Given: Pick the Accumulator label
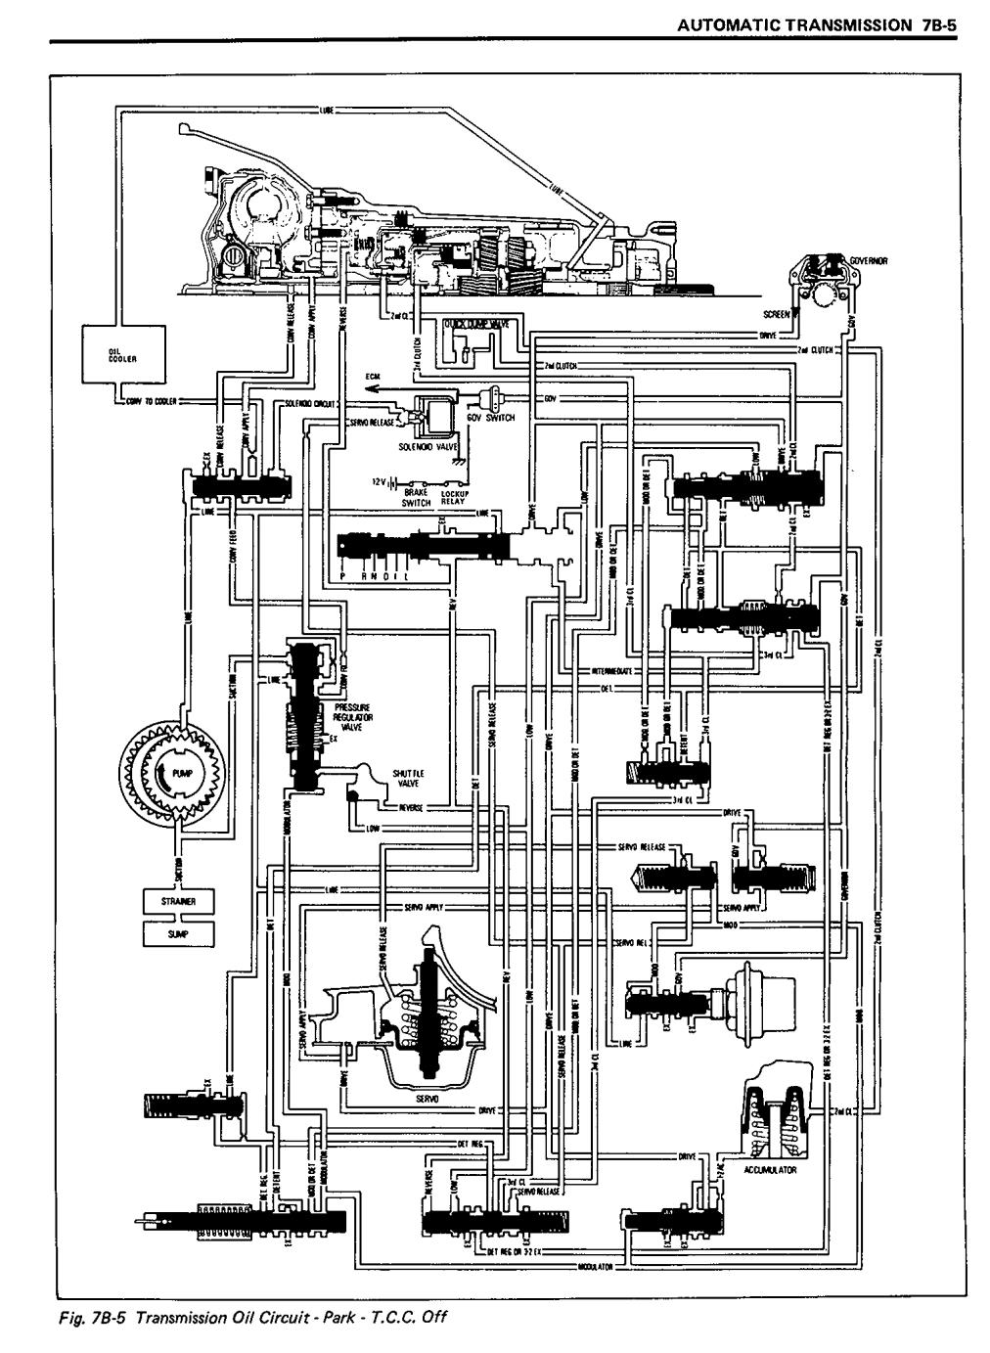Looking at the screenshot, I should pyautogui.click(x=769, y=1169).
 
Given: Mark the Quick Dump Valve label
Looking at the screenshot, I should pyautogui.click(x=472, y=324).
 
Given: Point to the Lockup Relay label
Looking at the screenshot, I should pyautogui.click(x=457, y=498).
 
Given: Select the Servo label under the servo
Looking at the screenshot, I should pyautogui.click(x=428, y=1099).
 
